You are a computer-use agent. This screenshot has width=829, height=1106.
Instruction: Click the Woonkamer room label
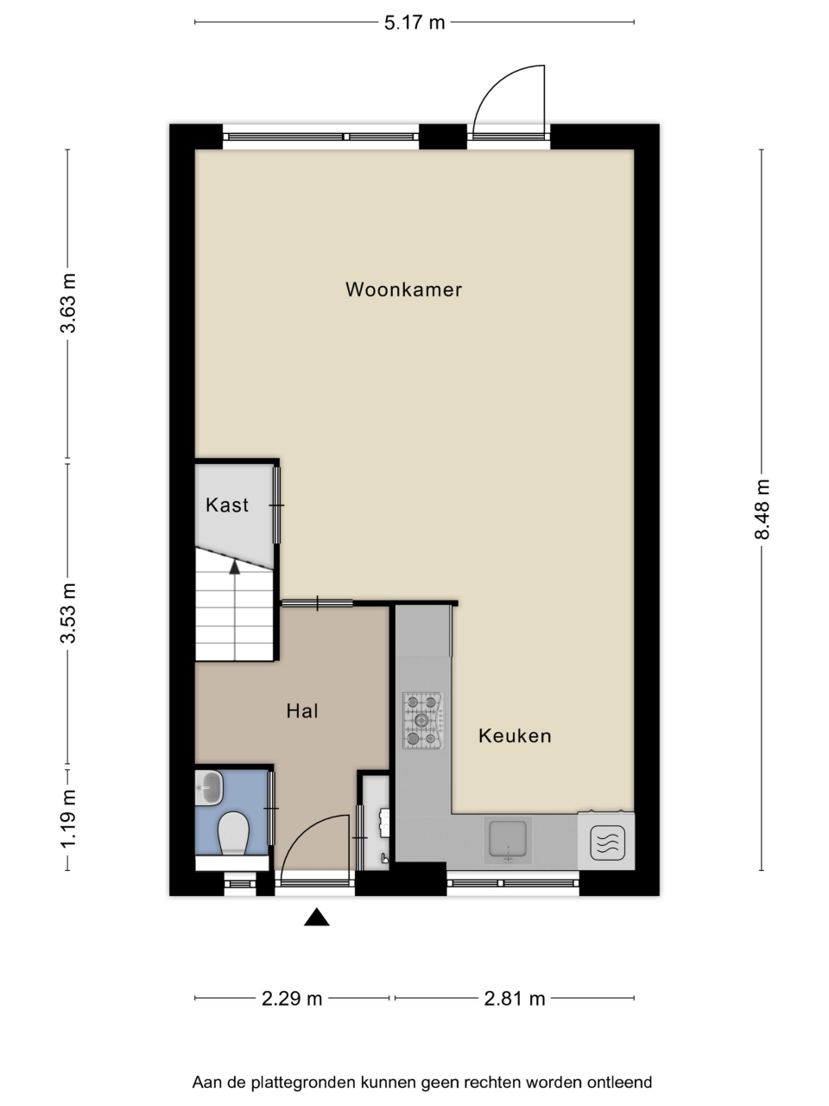pyautogui.click(x=403, y=289)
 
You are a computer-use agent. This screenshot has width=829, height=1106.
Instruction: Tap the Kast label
pyautogui.click(x=227, y=505)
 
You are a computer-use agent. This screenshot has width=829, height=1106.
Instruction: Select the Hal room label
pyautogui.click(x=302, y=711)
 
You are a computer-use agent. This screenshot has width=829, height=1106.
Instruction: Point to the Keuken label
pyautogui.click(x=515, y=736)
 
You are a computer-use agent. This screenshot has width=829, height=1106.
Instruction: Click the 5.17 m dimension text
pyautogui.click(x=414, y=23)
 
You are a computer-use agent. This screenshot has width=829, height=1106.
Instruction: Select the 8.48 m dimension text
pyautogui.click(x=762, y=510)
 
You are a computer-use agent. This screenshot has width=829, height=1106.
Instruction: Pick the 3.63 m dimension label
pyautogui.click(x=68, y=303)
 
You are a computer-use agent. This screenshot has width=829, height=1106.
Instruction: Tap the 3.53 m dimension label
pyautogui.click(x=68, y=613)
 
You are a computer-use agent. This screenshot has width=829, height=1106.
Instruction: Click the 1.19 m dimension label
pyautogui.click(x=68, y=819)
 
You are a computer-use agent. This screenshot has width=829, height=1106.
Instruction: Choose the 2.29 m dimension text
pyautogui.click(x=291, y=998)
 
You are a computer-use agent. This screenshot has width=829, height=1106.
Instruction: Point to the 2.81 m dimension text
pyautogui.click(x=515, y=998)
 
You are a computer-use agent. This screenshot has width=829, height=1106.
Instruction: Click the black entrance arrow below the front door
pyautogui.click(x=317, y=917)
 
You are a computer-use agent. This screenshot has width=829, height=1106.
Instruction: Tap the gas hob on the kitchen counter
pyautogui.click(x=423, y=720)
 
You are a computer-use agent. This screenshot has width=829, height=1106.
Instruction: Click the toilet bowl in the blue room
pyautogui.click(x=233, y=832)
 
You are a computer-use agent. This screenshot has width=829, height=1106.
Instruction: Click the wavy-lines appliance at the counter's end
pyautogui.click(x=607, y=842)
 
